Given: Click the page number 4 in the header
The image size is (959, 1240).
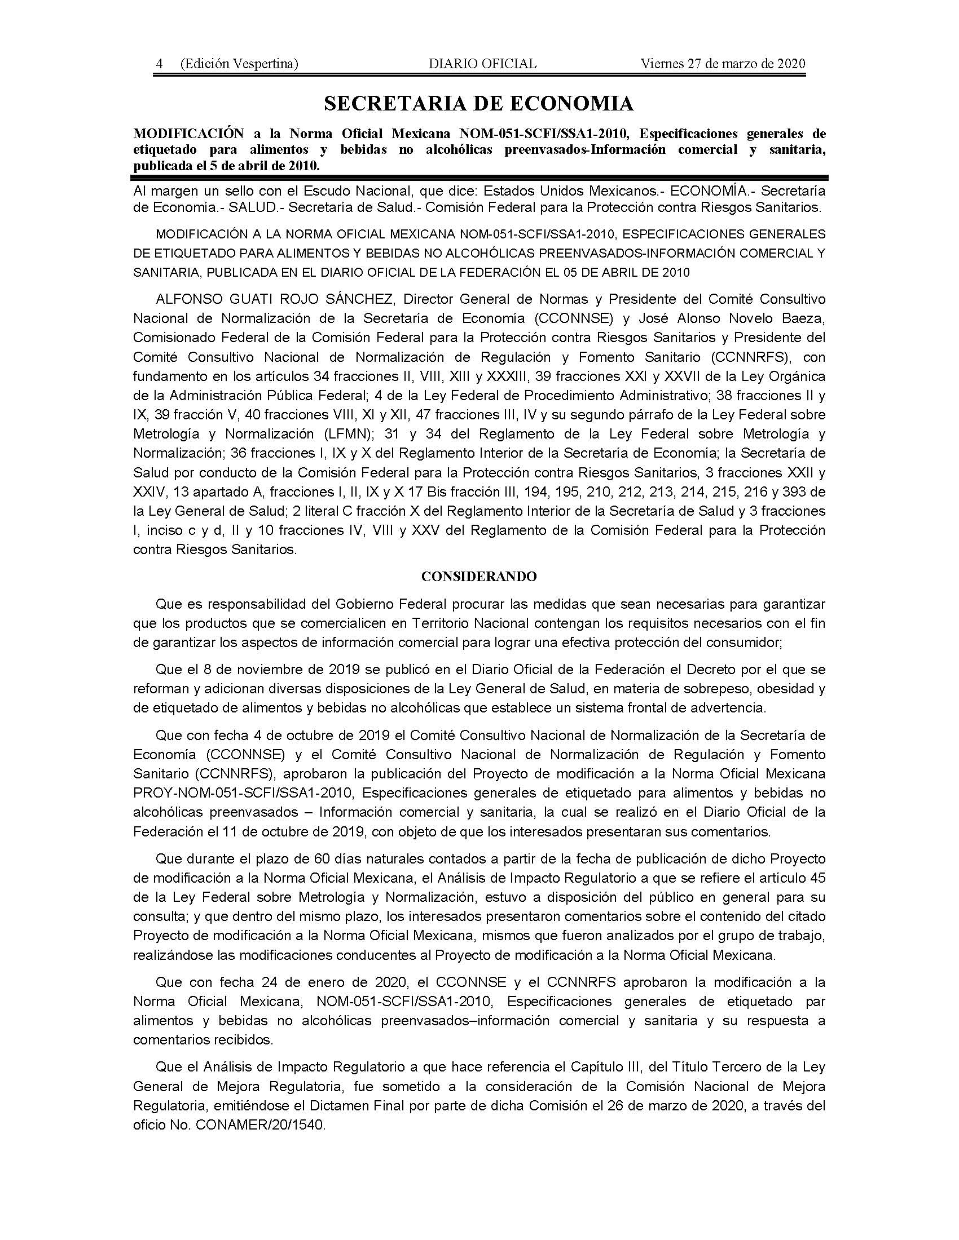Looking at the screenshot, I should tap(160, 64).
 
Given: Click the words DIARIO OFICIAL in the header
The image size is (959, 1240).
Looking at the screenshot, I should tap(482, 64).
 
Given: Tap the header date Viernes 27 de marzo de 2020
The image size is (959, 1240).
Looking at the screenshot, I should tap(723, 64).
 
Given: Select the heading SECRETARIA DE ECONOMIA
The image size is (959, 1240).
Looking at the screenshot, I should tap(478, 103).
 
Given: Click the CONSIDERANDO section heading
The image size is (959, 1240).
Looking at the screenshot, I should tap(479, 577).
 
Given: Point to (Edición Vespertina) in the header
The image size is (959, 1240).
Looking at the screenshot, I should tap(239, 64).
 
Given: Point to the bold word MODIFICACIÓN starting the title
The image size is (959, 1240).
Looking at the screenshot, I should tap(188, 134).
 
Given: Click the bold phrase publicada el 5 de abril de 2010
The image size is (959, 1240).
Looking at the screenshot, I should tap(226, 166).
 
